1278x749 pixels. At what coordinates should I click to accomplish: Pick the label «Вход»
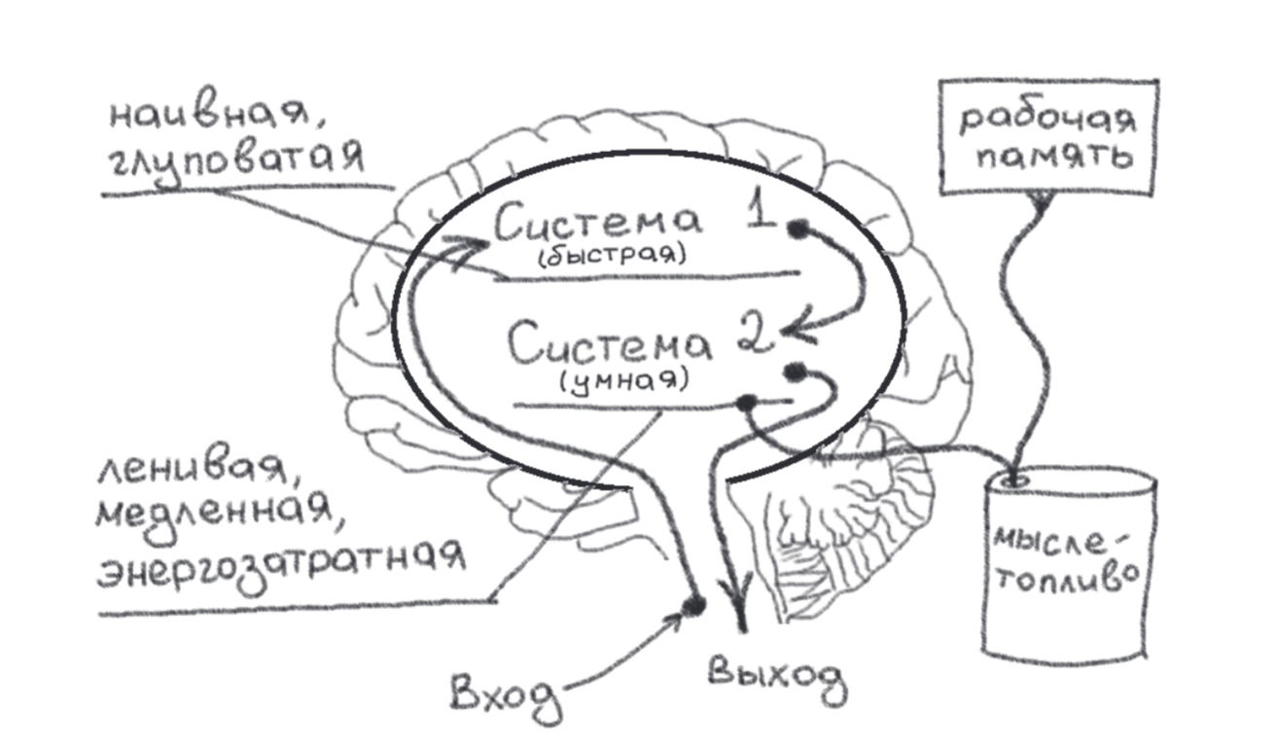(507, 692)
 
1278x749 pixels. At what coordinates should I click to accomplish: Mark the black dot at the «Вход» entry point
(692, 604)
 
